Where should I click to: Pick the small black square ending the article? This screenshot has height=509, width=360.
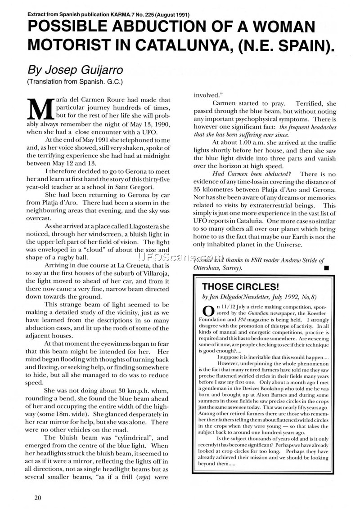tap(326, 268)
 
